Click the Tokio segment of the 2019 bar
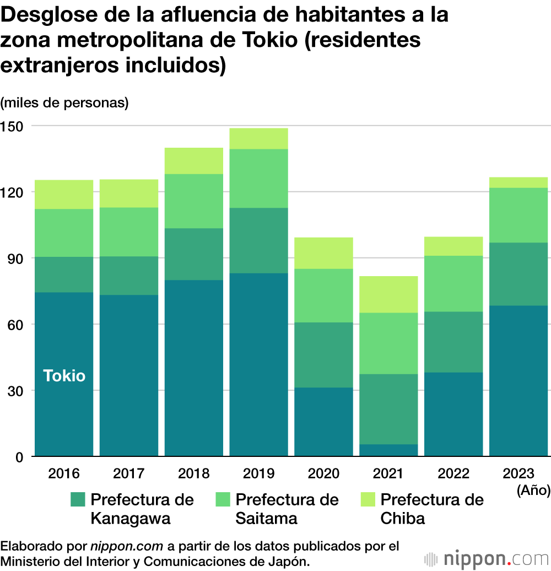(259, 364)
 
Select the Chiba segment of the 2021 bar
(388, 294)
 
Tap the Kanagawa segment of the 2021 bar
(388, 409)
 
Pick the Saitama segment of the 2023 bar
(518, 215)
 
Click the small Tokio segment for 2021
(388, 450)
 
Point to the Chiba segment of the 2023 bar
(518, 182)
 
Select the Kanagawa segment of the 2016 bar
(64, 274)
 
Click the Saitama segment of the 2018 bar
(194, 201)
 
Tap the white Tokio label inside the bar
(64, 376)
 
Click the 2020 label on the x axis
(323, 473)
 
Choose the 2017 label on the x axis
(129, 473)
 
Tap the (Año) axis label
(533, 490)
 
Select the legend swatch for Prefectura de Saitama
(223, 500)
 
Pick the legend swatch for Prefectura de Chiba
(368, 500)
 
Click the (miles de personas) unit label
(64, 103)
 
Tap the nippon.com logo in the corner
(487, 558)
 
